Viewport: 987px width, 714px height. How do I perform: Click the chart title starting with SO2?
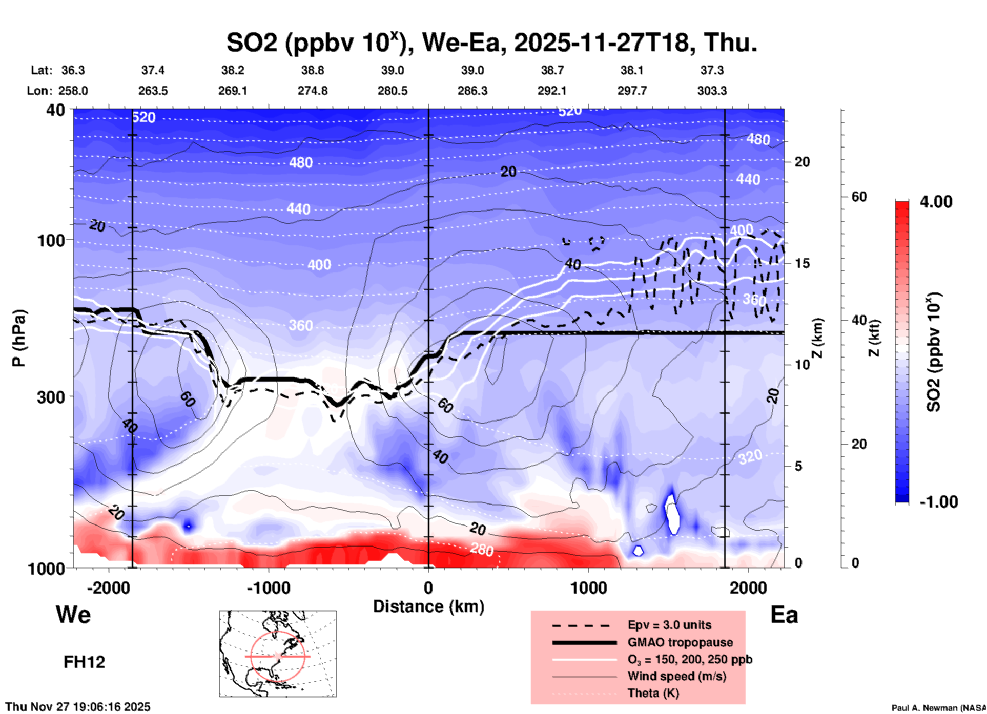coord(491,43)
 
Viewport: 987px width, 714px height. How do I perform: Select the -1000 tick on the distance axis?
coord(269,587)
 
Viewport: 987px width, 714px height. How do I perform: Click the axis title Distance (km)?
coord(428,606)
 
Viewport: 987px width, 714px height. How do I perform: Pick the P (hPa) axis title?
coord(19,338)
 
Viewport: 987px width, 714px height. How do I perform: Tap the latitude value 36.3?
coord(73,70)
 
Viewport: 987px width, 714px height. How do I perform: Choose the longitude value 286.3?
coord(472,91)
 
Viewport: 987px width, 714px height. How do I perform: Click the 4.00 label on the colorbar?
coord(936,201)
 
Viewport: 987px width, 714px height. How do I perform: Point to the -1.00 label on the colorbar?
coord(938,502)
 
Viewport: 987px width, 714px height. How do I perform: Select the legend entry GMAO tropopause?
coord(680,642)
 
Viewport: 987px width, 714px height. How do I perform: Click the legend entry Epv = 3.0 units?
coord(669,625)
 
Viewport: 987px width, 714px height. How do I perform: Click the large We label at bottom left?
coord(73,614)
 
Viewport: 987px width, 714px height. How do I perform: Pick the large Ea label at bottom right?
coord(784,615)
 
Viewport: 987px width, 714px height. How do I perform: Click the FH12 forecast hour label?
coord(84,662)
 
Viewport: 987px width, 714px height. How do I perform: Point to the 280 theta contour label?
coord(482,550)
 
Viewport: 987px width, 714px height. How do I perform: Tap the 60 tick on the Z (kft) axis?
coord(859,197)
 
